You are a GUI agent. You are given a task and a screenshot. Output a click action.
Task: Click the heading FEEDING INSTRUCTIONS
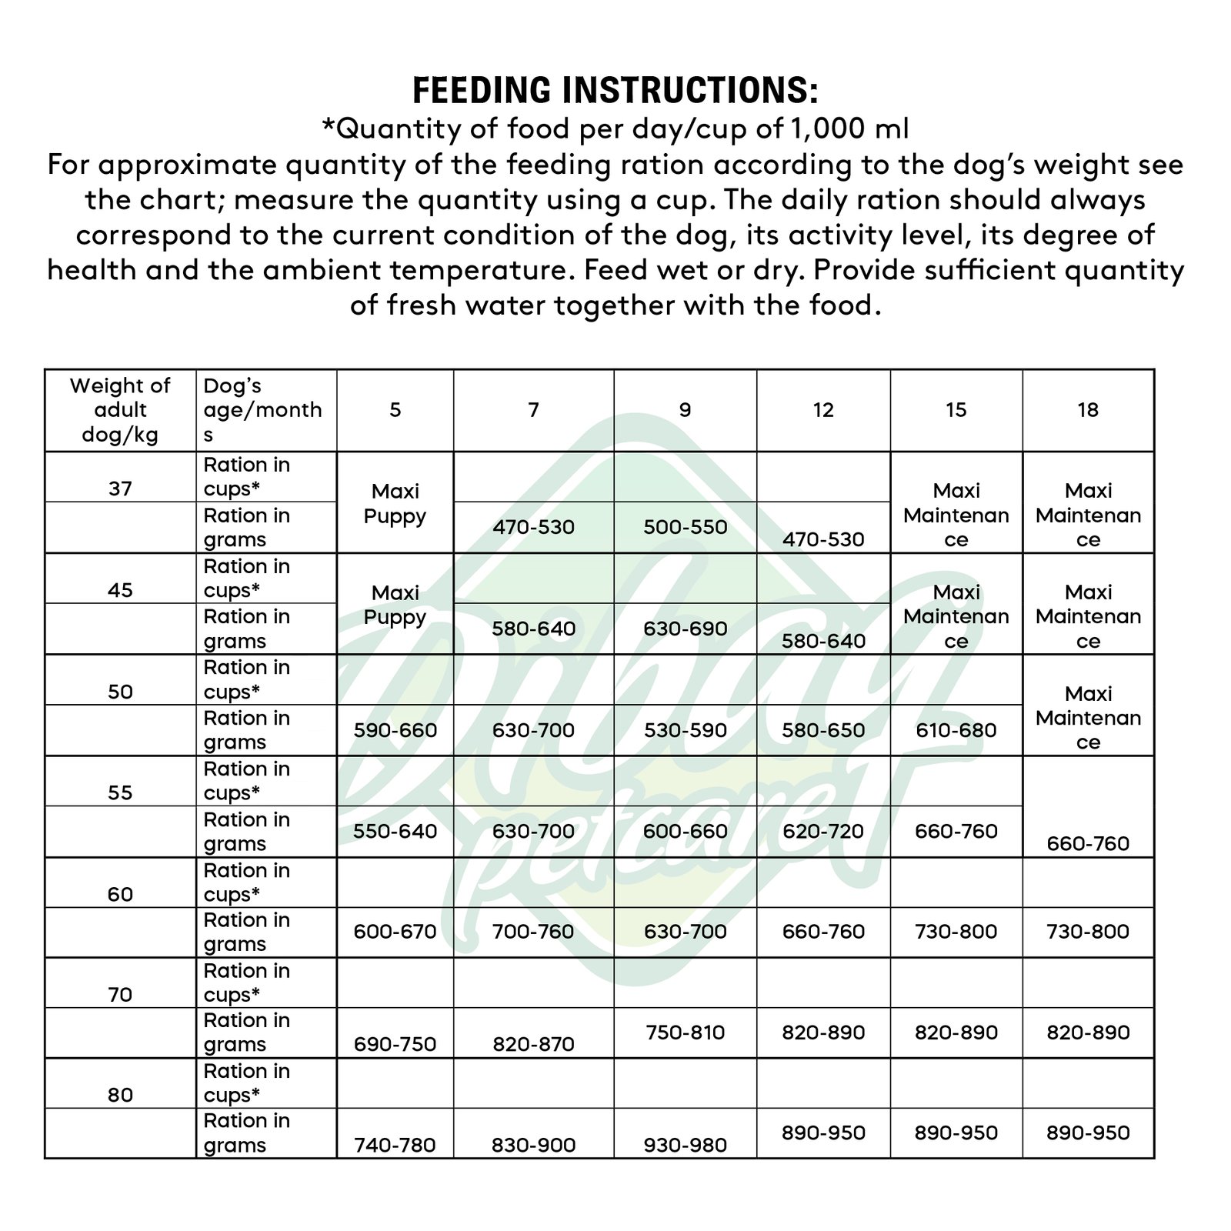click(615, 90)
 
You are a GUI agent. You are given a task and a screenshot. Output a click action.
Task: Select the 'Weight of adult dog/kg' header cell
click(120, 410)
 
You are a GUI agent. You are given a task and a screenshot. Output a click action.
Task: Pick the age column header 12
click(823, 410)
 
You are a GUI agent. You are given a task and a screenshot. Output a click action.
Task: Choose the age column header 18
click(1088, 410)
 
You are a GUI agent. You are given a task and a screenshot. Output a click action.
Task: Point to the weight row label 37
click(120, 489)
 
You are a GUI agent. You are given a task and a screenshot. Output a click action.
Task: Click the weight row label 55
click(120, 793)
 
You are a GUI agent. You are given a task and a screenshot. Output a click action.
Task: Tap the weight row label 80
click(120, 1095)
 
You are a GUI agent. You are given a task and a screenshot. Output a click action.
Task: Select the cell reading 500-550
click(685, 527)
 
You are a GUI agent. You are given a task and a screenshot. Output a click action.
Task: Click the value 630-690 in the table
click(685, 629)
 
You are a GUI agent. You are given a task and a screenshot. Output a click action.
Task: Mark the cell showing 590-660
click(395, 730)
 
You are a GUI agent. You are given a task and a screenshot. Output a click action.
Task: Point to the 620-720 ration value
click(823, 832)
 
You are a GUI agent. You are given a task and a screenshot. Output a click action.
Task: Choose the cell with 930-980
click(685, 1145)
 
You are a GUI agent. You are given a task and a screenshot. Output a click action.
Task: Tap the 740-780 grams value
click(395, 1145)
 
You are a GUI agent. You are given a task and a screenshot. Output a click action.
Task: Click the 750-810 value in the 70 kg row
click(685, 1033)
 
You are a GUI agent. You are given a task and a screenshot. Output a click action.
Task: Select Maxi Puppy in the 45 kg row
click(395, 605)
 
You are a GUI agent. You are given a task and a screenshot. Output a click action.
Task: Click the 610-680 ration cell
click(956, 730)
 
